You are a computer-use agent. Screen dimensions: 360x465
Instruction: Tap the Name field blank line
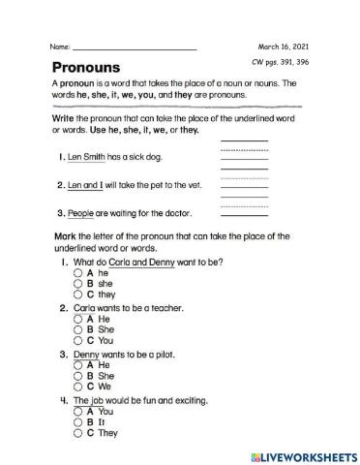tap(134, 47)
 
